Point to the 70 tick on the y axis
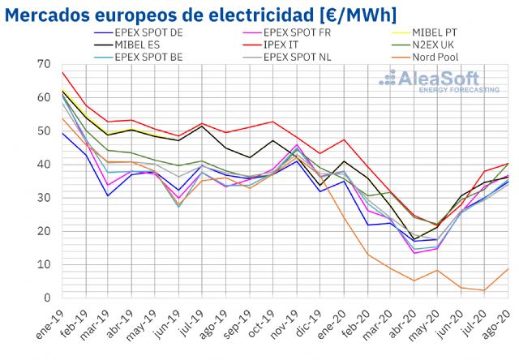(44, 64)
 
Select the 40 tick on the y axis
(44, 165)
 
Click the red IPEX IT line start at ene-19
(62, 72)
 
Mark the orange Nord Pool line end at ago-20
(508, 268)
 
